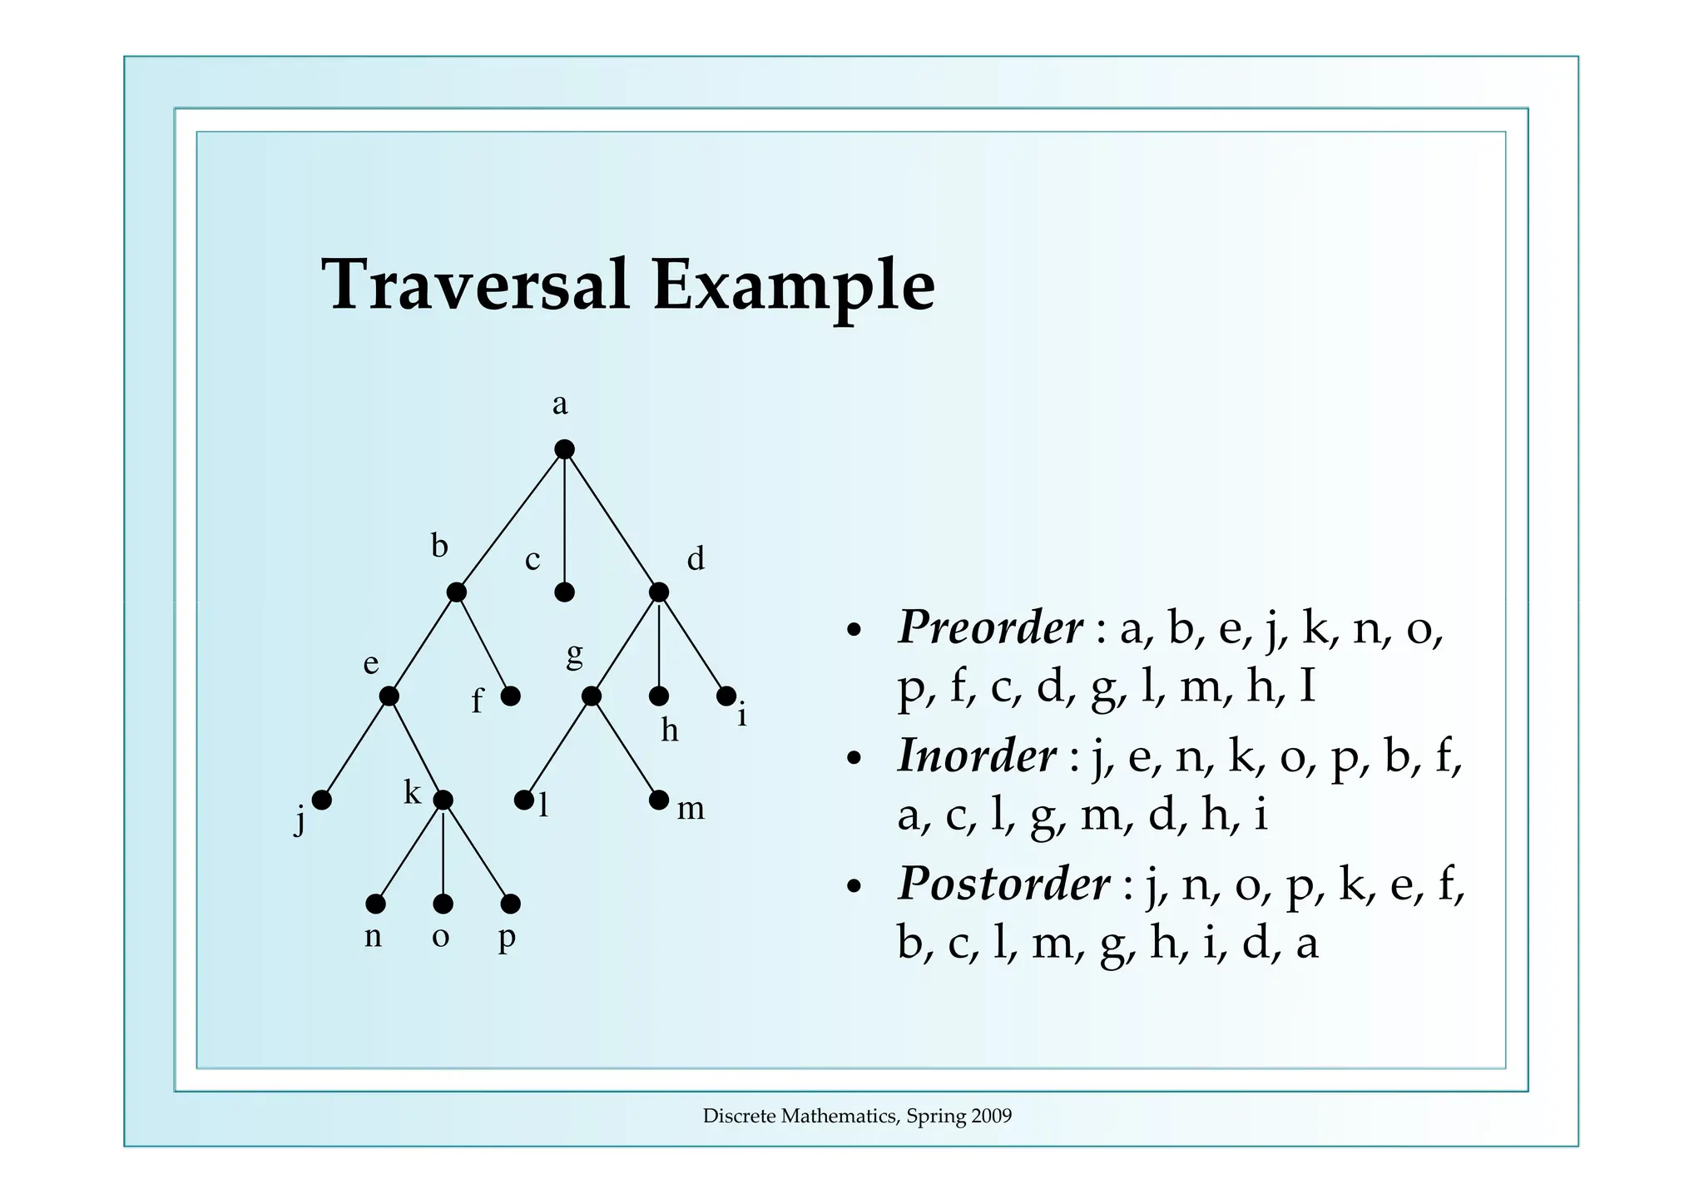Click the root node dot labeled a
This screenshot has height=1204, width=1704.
[564, 449]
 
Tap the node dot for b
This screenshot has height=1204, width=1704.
[456, 592]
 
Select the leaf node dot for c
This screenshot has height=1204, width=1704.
[564, 592]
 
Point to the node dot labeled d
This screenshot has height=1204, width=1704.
[658, 592]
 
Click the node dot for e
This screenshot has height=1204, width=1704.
[389, 696]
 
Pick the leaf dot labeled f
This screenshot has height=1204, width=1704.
[511, 696]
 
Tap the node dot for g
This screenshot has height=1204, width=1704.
[592, 696]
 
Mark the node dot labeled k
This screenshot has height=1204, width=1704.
[443, 800]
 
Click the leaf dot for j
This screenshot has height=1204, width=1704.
[322, 800]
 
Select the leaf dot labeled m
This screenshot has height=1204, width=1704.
[658, 800]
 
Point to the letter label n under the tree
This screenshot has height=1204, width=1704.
[374, 937]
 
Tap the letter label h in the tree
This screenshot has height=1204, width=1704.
[670, 731]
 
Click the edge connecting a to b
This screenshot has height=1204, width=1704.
[510, 521]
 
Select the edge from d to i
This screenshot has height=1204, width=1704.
[692, 644]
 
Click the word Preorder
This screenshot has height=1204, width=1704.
[990, 627]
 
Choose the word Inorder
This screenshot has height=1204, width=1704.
[977, 756]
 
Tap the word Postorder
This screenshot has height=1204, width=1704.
[1003, 884]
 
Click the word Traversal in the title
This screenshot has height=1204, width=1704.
[475, 285]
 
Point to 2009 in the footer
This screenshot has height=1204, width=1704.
[992, 1117]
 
